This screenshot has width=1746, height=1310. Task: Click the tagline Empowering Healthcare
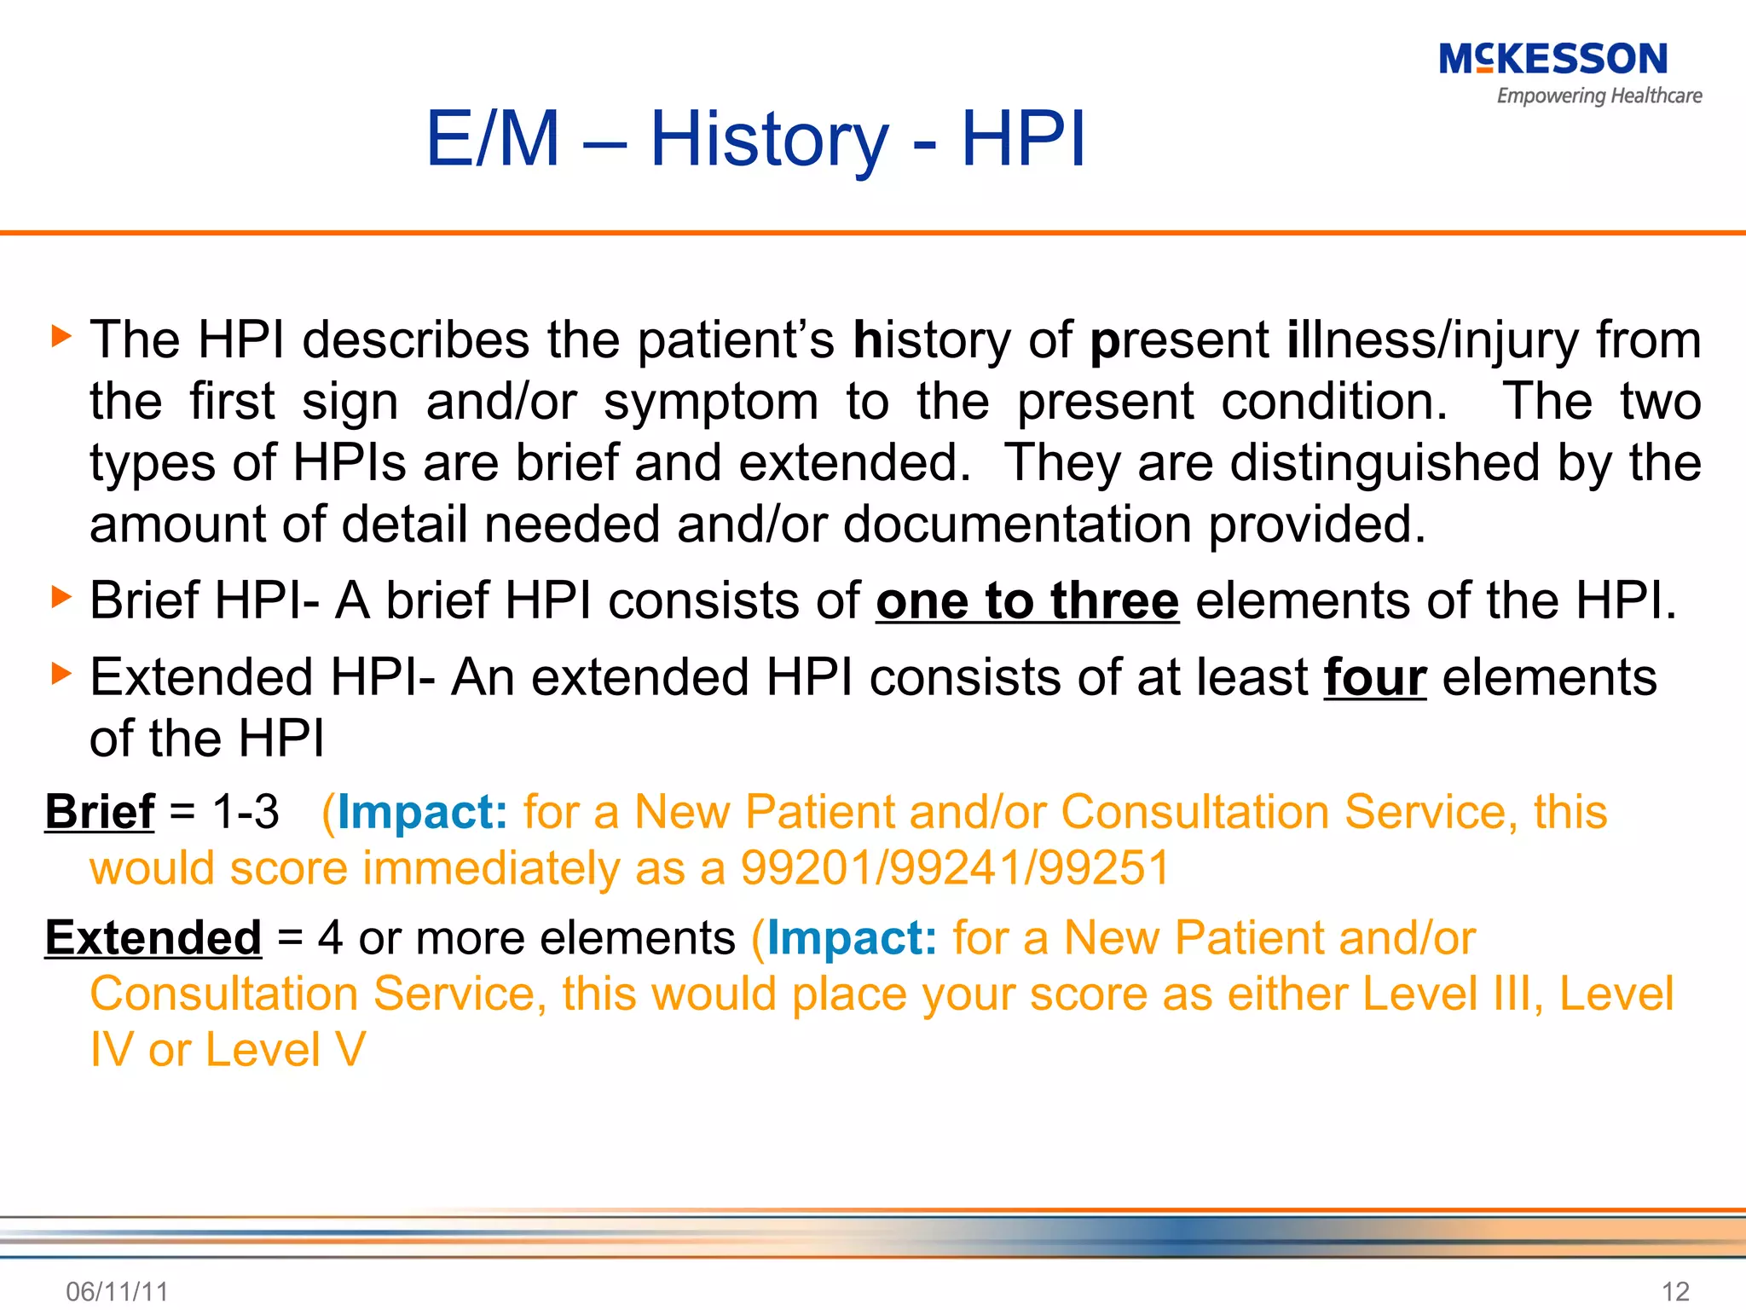(1599, 96)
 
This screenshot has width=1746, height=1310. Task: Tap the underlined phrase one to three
(1027, 600)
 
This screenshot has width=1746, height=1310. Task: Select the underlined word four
(1374, 677)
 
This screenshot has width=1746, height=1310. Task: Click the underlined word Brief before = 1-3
(100, 811)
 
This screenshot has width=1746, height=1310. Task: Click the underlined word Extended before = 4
(153, 937)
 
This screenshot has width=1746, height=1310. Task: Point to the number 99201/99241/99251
(955, 868)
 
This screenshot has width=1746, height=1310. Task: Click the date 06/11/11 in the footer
(117, 1291)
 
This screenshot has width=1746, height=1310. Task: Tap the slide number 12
(1675, 1291)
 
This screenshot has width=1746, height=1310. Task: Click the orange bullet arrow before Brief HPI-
(61, 596)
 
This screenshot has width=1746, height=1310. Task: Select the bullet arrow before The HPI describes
(61, 335)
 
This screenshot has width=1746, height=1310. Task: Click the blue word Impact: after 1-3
(423, 811)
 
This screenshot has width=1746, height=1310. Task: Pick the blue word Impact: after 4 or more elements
(852, 937)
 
